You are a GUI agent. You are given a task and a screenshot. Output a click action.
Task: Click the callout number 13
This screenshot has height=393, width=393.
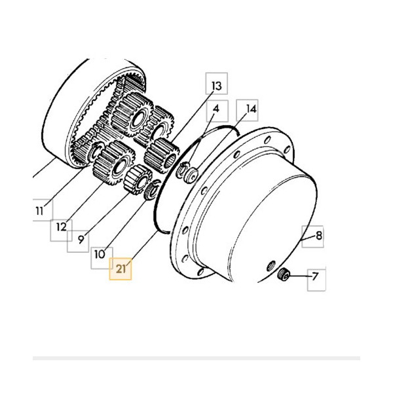[x=217, y=86]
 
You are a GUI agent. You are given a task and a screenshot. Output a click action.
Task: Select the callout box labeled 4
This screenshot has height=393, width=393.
[x=217, y=111]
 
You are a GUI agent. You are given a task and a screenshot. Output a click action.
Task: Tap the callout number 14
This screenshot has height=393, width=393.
[x=251, y=109]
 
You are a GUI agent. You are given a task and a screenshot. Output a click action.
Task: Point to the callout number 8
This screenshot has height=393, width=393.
[x=318, y=236]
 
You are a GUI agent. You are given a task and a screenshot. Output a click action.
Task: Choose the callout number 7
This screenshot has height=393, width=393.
[x=315, y=276]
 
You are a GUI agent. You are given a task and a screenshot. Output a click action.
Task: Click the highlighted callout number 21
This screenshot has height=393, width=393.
[x=121, y=269]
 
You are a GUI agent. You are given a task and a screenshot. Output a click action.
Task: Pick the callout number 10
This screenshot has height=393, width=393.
[x=100, y=255]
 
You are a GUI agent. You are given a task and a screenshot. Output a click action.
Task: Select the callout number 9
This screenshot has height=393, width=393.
[x=81, y=240]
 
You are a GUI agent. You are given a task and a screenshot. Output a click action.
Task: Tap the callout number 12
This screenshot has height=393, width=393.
[x=62, y=227]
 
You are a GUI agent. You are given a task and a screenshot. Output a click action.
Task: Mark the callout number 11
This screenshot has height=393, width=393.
[x=39, y=211]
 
